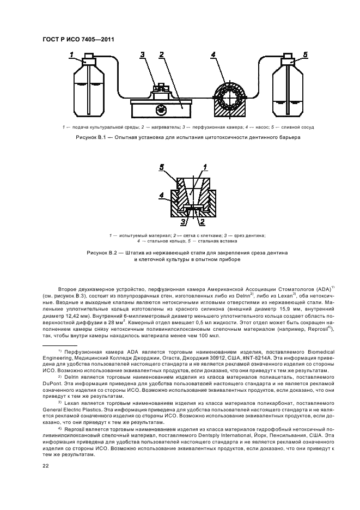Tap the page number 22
tap(46, 465)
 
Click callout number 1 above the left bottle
tap(72, 54)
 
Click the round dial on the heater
tap(160, 109)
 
